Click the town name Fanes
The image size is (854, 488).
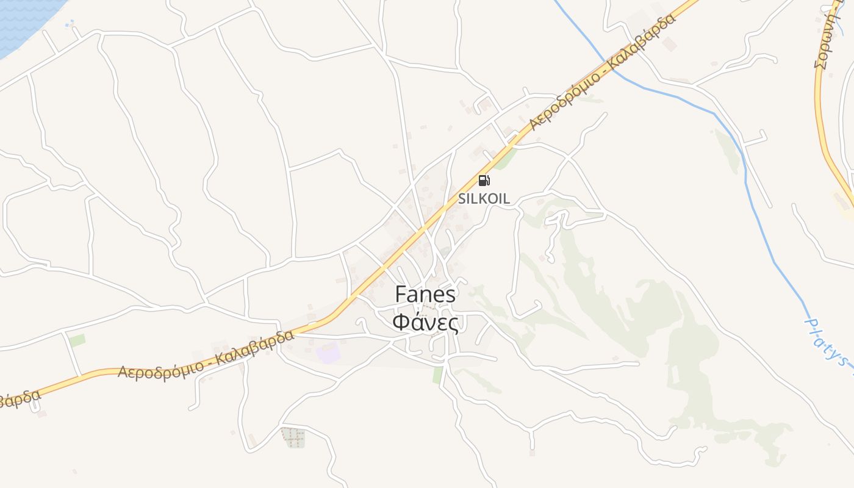425,295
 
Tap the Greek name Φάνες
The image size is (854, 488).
425,321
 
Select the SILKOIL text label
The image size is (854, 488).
484,199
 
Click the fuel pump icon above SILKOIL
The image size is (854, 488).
484,180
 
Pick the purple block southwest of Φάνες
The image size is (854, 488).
328,353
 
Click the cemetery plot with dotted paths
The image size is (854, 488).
293,437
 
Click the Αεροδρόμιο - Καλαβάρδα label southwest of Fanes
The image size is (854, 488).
206,356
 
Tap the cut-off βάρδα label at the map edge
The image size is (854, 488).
18,400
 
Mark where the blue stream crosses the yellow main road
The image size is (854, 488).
610,65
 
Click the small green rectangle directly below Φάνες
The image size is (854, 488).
438,375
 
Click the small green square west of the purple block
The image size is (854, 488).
77,340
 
